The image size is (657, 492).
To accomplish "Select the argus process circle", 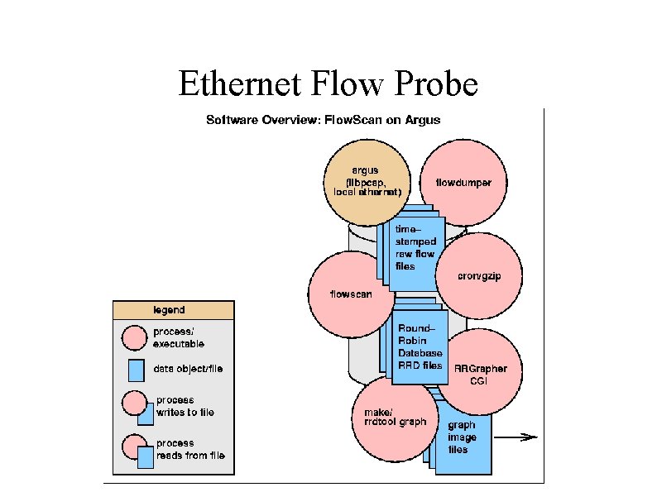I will tap(362, 183).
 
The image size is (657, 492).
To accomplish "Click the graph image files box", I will tap(460, 438).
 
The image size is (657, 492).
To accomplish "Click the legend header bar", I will tap(174, 310).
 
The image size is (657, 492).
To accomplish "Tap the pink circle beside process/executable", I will tap(135, 337).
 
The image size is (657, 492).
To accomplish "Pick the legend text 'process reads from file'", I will tap(189, 449).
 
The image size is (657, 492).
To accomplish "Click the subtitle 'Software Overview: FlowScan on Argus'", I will tap(323, 120).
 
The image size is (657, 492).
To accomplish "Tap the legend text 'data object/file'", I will tap(188, 368).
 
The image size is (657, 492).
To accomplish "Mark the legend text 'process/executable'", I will tap(179, 337).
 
